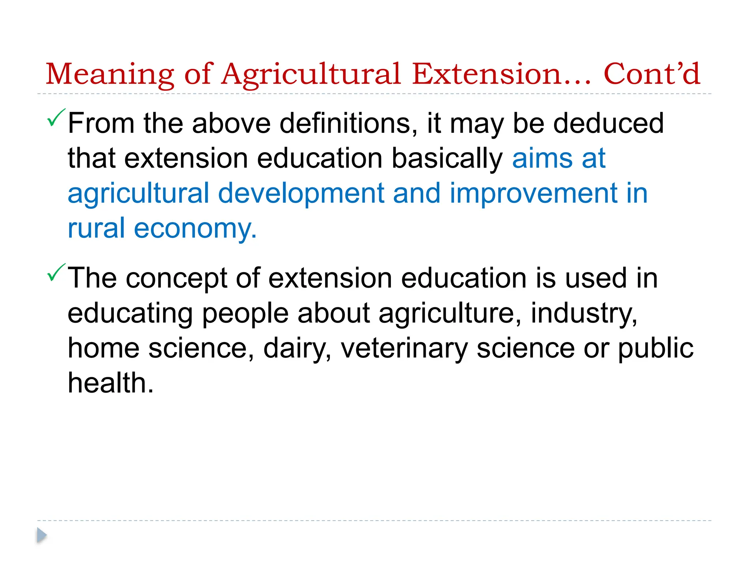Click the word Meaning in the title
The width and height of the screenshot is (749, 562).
pos(110,74)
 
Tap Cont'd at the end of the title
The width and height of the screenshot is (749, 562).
pos(652,74)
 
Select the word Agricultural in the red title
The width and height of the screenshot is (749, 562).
pos(311,74)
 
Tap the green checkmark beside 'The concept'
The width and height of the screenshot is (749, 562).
pos(56,273)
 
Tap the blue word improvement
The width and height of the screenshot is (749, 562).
pos(534,193)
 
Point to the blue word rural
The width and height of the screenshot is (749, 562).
pos(96,228)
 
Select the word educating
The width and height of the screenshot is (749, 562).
pos(130,313)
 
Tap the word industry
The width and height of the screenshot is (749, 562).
pos(584,313)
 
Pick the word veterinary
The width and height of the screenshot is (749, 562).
pos(404,348)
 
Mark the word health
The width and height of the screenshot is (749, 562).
pos(110,383)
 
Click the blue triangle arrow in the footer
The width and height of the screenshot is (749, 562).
pos(42,535)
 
